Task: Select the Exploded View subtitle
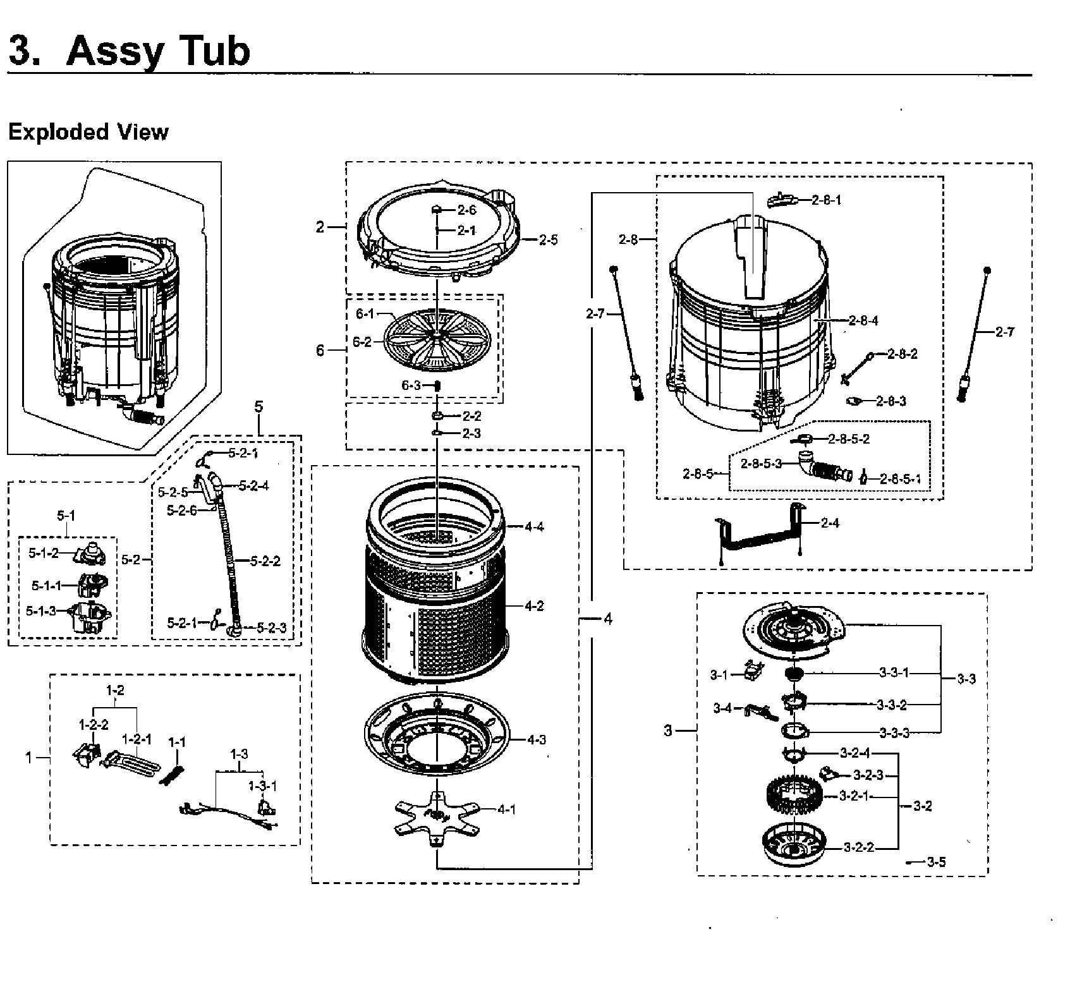click(88, 132)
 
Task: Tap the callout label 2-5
click(548, 240)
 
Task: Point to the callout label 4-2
click(534, 607)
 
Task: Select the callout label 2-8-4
click(863, 321)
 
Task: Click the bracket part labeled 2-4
click(758, 534)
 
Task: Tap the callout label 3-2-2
click(858, 847)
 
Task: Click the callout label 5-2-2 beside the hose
click(265, 561)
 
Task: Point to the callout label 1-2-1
click(137, 739)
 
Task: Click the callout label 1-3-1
click(262, 786)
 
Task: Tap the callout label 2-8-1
click(827, 200)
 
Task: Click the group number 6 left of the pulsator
click(320, 349)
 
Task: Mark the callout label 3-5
click(936, 862)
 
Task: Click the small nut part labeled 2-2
click(436, 416)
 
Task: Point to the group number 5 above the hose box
click(258, 407)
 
